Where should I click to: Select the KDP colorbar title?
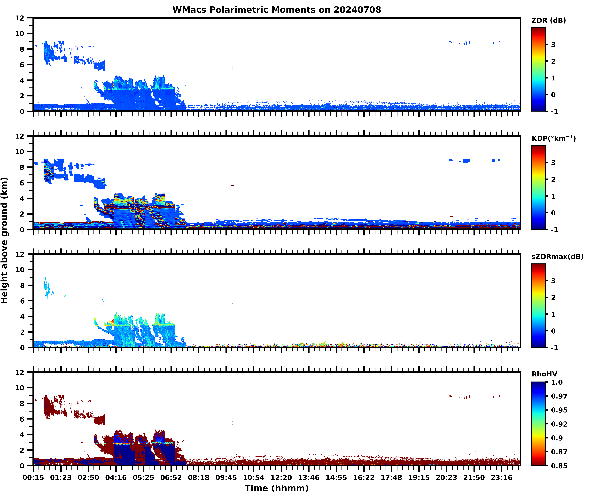[x=553, y=138]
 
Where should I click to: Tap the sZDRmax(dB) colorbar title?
[x=557, y=257]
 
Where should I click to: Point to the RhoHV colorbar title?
[x=544, y=374]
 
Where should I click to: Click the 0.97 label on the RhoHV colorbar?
[x=559, y=396]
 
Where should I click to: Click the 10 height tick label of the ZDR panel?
[x=20, y=33]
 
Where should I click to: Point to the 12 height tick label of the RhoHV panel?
[x=20, y=372]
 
